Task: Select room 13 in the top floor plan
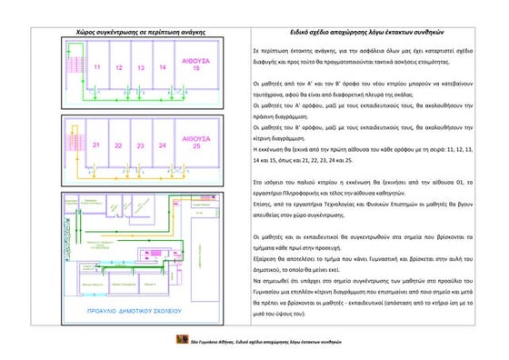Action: tap(141, 68)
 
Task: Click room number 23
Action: tap(141, 145)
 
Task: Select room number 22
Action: tap(119, 145)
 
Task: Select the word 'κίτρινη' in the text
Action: tap(264, 140)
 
